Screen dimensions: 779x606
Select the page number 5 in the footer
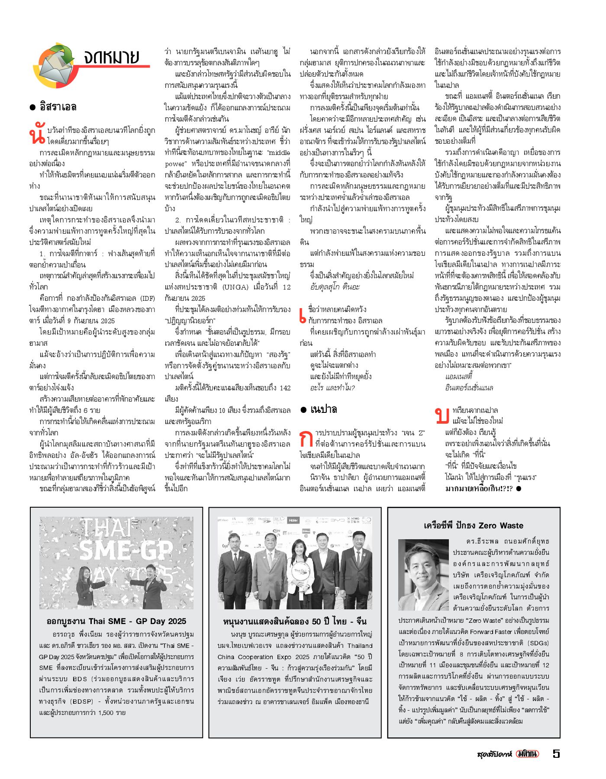pyautogui.click(x=556, y=753)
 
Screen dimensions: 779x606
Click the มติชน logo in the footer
pyautogui.click(x=528, y=753)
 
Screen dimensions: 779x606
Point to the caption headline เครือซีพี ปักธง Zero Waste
pyautogui.click(x=474, y=525)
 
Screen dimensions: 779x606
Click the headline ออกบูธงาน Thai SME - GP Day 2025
pyautogui.click(x=116, y=621)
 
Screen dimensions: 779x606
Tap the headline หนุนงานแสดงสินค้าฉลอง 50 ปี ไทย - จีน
pyautogui.click(x=295, y=621)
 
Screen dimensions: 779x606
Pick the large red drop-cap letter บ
pyautogui.click(x=442, y=415)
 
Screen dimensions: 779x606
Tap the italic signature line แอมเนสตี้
pyautogui.click(x=458, y=377)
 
